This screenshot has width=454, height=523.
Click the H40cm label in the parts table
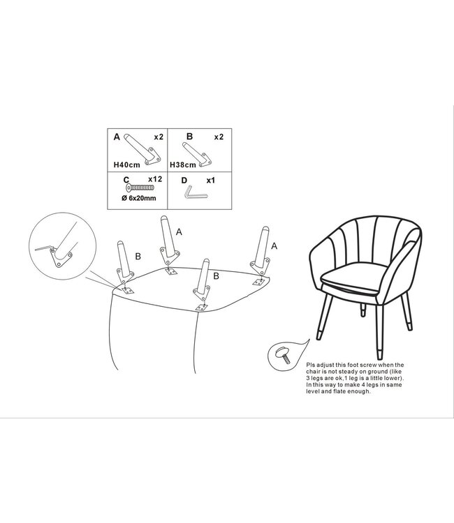click(x=127, y=165)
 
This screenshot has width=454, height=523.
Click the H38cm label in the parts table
click(x=183, y=165)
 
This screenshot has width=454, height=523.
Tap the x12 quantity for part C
click(x=155, y=179)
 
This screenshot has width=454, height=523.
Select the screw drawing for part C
click(x=140, y=188)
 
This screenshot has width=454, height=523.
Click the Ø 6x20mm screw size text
click(x=138, y=198)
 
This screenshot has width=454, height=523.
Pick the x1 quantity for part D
click(x=210, y=181)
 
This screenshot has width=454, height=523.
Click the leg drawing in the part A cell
click(x=142, y=150)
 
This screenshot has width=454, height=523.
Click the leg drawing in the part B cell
click(x=197, y=154)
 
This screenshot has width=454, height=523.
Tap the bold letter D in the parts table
click(x=184, y=181)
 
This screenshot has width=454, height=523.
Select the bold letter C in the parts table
click(x=126, y=180)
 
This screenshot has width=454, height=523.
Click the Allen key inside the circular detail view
click(x=44, y=248)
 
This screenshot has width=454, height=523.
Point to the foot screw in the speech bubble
click(x=283, y=355)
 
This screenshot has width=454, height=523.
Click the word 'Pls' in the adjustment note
click(x=310, y=365)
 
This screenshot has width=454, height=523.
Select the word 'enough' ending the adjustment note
click(x=358, y=392)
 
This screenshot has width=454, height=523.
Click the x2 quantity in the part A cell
click(x=159, y=137)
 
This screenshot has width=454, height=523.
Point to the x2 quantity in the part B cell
click(x=219, y=137)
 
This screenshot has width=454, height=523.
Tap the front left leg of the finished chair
click(x=324, y=317)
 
